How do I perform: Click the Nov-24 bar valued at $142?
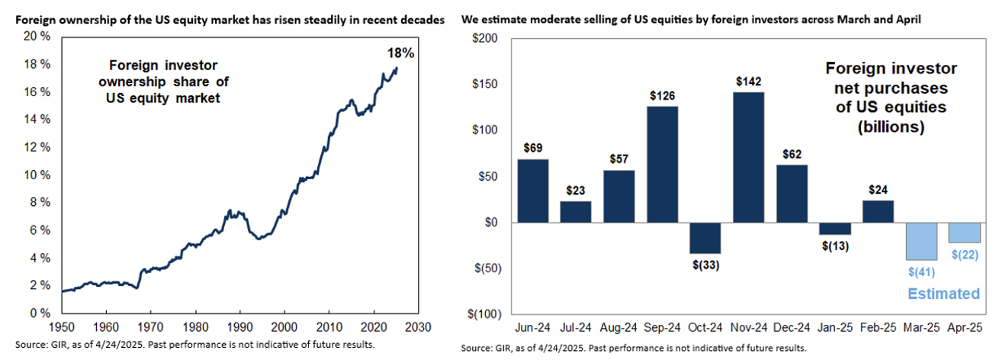click(749, 157)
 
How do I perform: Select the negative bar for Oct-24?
click(705, 238)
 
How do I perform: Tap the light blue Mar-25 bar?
click(921, 241)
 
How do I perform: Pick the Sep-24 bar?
click(662, 164)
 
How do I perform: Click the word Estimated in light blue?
click(943, 294)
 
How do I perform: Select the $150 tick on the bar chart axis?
click(486, 84)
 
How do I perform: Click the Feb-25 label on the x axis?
click(878, 329)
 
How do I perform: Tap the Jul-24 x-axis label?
click(576, 329)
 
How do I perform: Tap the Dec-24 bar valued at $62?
click(792, 194)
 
